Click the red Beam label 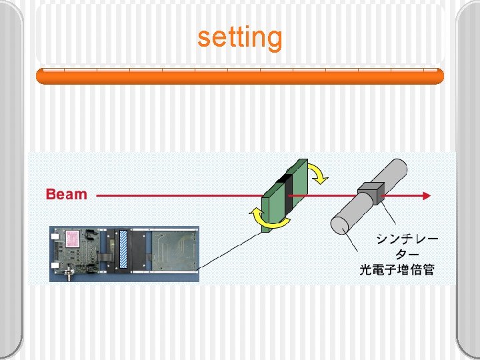click(67, 195)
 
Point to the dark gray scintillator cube click(371, 193)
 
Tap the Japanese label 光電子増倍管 click(397, 270)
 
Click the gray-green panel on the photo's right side click(171, 250)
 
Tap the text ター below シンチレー click(407, 254)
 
